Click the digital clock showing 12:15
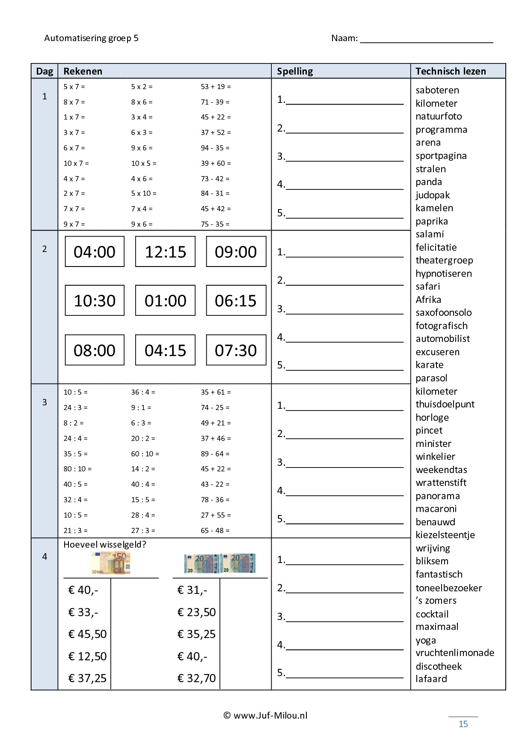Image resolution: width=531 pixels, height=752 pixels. (165, 252)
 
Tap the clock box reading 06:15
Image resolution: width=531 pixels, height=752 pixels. (236, 300)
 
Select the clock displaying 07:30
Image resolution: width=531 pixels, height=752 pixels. (236, 350)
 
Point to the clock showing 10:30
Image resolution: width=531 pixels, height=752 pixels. (95, 300)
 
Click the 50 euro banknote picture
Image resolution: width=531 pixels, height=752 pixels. (110, 563)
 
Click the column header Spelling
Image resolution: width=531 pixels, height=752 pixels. (295, 71)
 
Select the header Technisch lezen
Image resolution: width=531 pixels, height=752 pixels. (451, 71)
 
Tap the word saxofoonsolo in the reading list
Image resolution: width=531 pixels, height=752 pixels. (443, 312)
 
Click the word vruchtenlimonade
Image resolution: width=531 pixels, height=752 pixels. (455, 653)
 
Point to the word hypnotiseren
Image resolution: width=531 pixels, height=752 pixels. (443, 273)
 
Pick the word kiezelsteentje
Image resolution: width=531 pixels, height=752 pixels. (445, 535)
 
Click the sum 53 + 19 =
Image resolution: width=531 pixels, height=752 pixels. (216, 87)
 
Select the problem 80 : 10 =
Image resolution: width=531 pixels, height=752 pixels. (77, 469)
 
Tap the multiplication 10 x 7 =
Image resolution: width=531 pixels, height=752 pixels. (76, 163)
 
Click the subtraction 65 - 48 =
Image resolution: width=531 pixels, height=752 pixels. (215, 530)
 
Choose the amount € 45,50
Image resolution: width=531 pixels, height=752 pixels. (87, 634)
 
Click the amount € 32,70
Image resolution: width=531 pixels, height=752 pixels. (196, 678)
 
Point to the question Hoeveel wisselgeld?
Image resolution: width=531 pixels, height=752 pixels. (105, 545)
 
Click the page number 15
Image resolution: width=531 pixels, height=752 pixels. (463, 724)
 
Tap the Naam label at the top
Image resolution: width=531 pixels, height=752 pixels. (344, 38)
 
